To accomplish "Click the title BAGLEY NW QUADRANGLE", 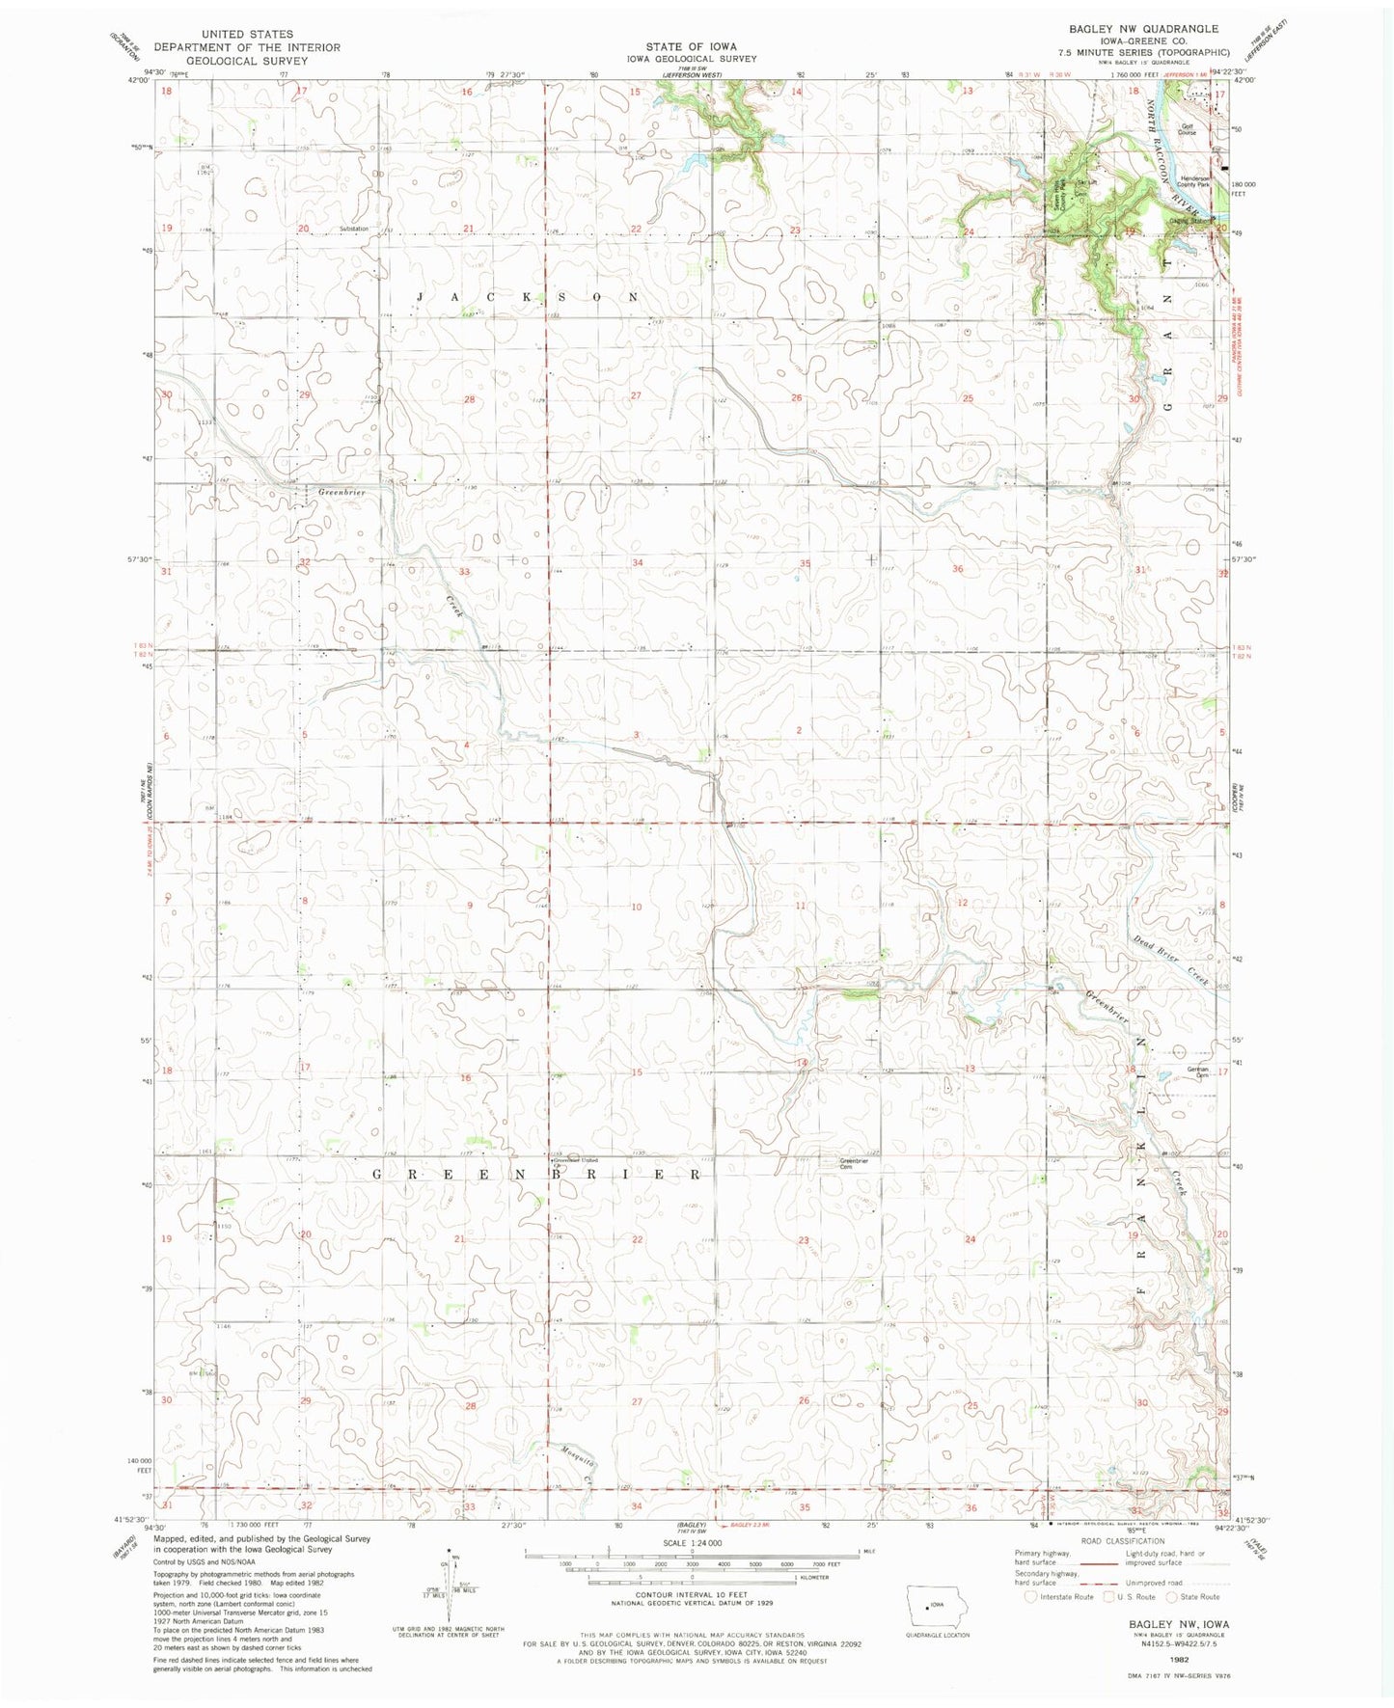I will click(x=1135, y=29).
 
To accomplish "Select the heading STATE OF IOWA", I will click(x=691, y=46).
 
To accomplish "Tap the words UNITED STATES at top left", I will click(x=247, y=34).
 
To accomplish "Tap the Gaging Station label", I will click(x=1190, y=221).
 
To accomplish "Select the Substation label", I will click(x=354, y=229).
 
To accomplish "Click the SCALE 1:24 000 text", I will click(x=688, y=1544).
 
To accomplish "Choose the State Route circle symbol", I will click(x=1173, y=1624).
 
